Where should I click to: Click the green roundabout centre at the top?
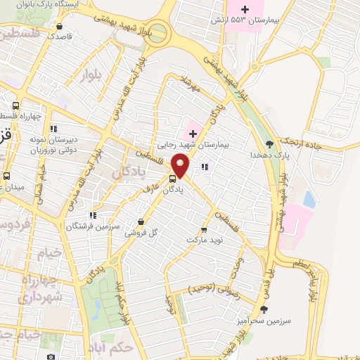point(158,32)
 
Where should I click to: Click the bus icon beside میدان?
point(6,176)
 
